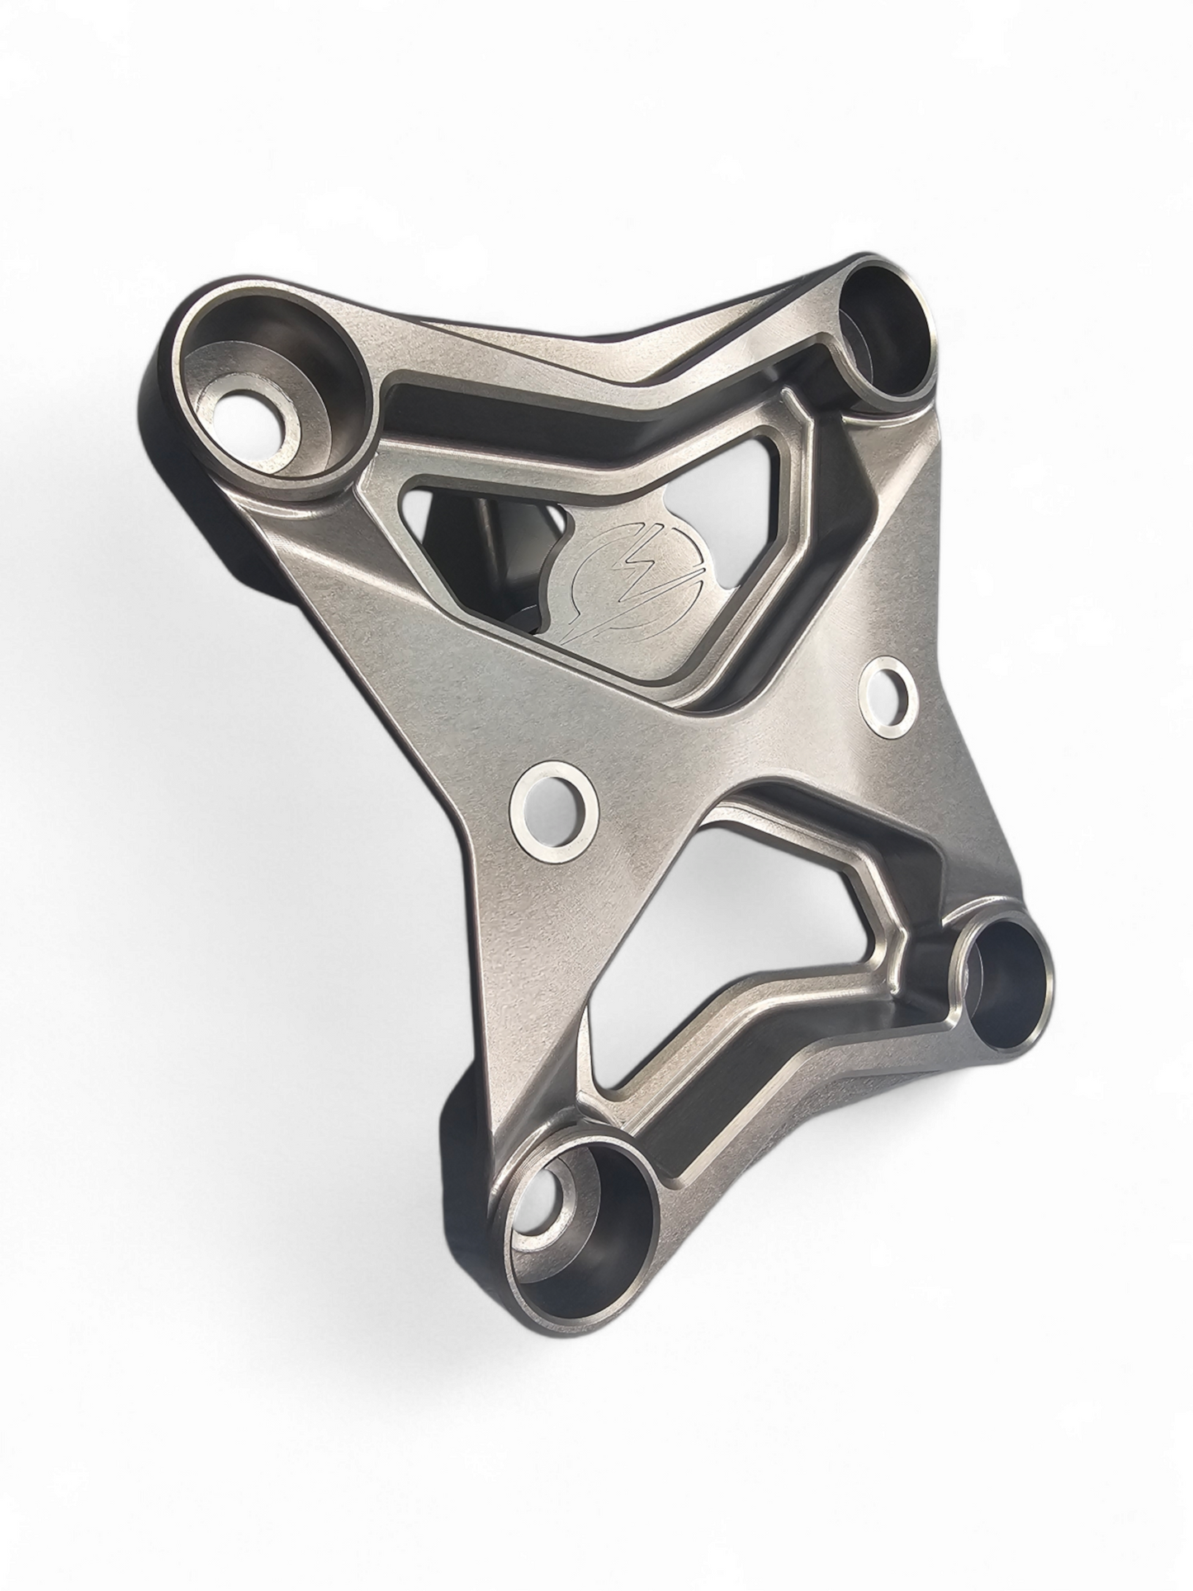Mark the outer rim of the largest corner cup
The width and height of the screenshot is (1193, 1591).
[x=364, y=363]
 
